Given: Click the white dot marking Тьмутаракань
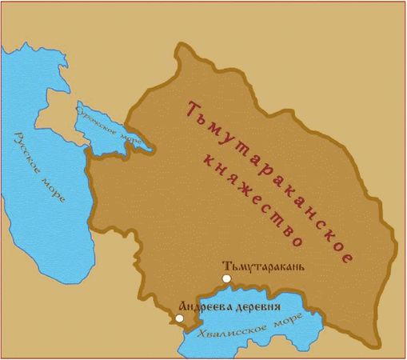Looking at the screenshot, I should pos(226,278).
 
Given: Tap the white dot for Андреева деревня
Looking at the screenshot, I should pos(180,318).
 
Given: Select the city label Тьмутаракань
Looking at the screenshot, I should pos(265,266).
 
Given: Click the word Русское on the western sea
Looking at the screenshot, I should pos(26,152).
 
